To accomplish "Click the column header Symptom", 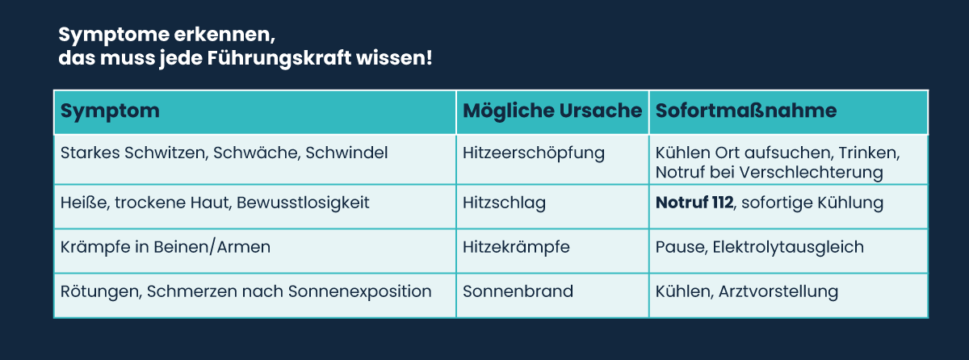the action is coord(110,111).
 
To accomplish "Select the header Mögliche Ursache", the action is coord(552,111).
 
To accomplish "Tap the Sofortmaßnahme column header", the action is coord(746,111).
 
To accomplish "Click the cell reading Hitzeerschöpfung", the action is coord(534,153).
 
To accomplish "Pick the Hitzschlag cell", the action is coord(504,203).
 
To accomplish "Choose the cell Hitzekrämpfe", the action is coord(516,248).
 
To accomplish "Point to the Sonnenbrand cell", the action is coord(518,291).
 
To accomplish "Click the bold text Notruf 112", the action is coord(694,203).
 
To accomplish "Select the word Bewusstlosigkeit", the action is coord(303,203).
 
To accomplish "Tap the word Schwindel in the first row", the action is coord(346,153).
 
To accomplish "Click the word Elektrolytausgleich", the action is coord(788,247).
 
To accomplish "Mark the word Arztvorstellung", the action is coord(778,291).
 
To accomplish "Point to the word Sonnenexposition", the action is coord(360,291).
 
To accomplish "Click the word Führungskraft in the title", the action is coord(279,58).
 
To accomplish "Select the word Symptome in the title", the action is coord(114,35).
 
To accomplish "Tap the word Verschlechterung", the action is coord(811,173).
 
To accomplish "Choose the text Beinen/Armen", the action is coord(212,247).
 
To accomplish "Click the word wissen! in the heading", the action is coord(394,58).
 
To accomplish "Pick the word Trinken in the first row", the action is coord(869,153).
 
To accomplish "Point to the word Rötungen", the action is coord(101,291).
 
